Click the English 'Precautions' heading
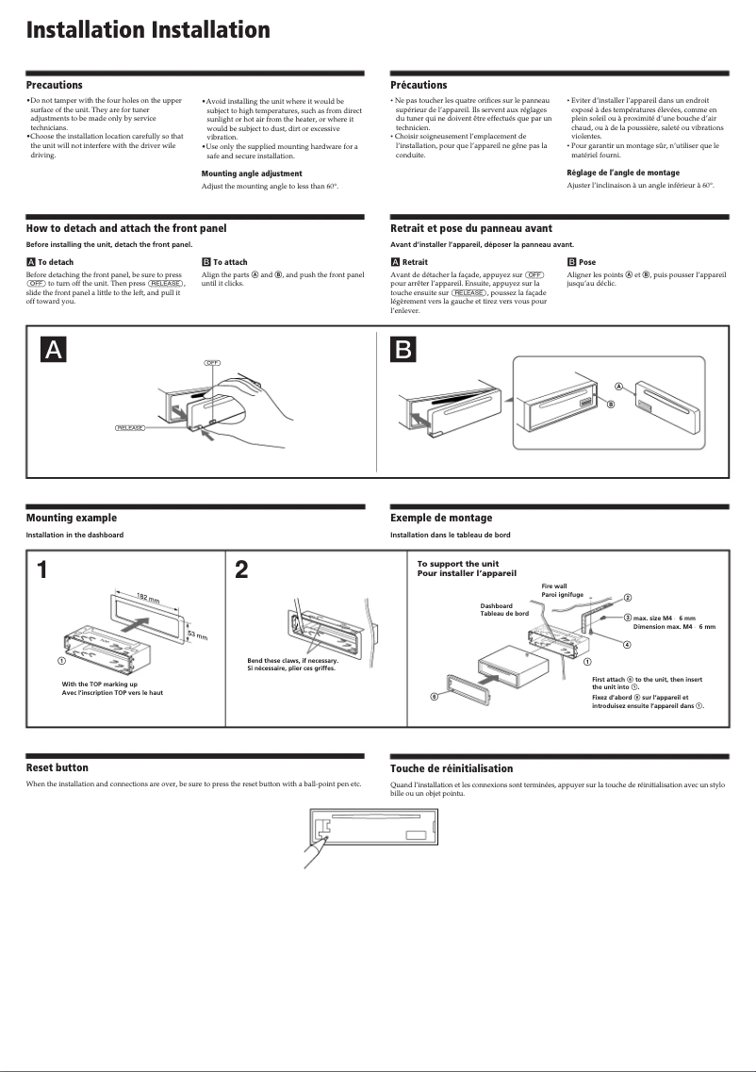[x=54, y=85]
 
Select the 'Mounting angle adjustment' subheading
[x=252, y=173]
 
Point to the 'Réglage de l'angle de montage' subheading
[x=622, y=173]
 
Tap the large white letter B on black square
[x=402, y=350]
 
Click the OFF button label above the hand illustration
[x=212, y=363]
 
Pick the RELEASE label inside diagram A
[x=130, y=428]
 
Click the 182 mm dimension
[x=148, y=598]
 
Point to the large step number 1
[x=42, y=570]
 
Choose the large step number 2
[x=242, y=570]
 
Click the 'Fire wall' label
[x=554, y=586]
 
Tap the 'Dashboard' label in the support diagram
[x=496, y=605]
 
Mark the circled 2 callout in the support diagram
[x=628, y=598]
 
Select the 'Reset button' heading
[x=57, y=767]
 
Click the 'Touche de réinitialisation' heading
[x=452, y=768]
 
